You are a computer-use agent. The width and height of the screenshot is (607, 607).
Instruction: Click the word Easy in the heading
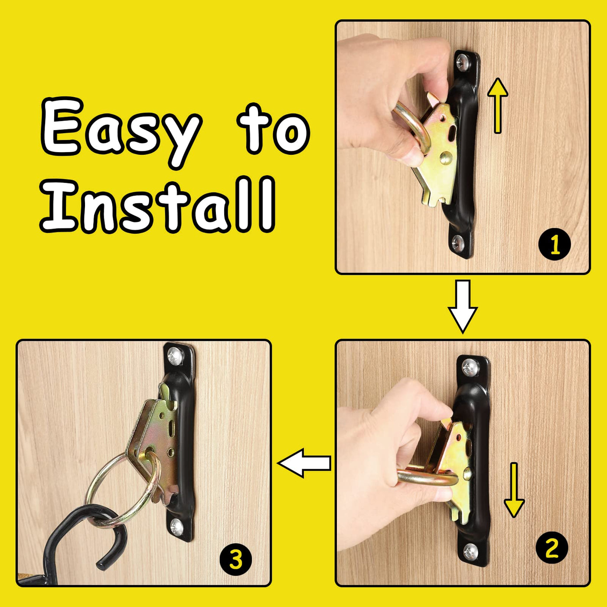pos(121,130)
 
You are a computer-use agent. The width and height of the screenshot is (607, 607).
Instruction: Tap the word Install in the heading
pos(157,204)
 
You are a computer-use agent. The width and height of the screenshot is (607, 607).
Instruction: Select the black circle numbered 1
pos(555,245)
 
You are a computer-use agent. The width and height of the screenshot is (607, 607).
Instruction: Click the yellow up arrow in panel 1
pos(498,105)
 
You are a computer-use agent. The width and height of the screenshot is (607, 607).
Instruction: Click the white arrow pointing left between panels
pos(304,463)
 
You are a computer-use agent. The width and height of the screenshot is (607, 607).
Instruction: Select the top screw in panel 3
pos(176,356)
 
